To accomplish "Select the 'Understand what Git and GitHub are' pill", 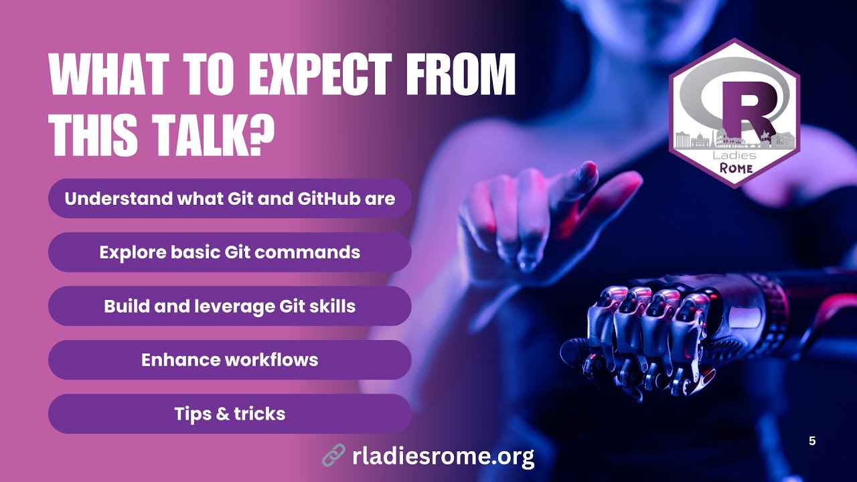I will (230, 199).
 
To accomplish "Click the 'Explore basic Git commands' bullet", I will (230, 252).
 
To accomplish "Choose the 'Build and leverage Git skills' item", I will (230, 306).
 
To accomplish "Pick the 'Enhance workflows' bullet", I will (230, 359).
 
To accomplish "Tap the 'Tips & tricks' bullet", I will (230, 414).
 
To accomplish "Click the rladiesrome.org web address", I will (443, 457).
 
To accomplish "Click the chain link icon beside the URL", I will (333, 456).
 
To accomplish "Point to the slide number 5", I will (812, 441).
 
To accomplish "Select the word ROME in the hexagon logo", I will (736, 168).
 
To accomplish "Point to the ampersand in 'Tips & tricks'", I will (224, 414).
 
